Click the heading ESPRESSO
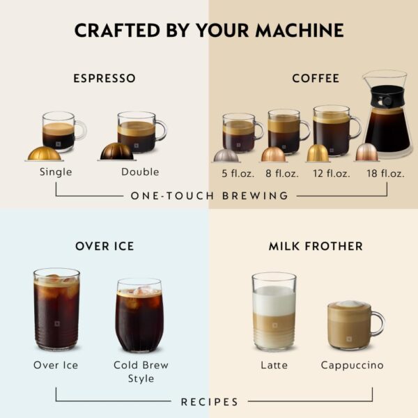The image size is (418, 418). tap(104, 78)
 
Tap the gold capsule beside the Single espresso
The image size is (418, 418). tap(44, 153)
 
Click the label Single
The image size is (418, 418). tap(56, 172)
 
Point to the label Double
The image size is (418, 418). tap(139, 172)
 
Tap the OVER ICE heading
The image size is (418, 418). tap(104, 246)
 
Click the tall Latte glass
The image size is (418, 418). tap(274, 311)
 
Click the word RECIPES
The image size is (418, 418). tap(209, 402)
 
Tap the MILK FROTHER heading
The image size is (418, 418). tap(316, 246)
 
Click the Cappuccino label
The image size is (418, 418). tap(352, 365)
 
